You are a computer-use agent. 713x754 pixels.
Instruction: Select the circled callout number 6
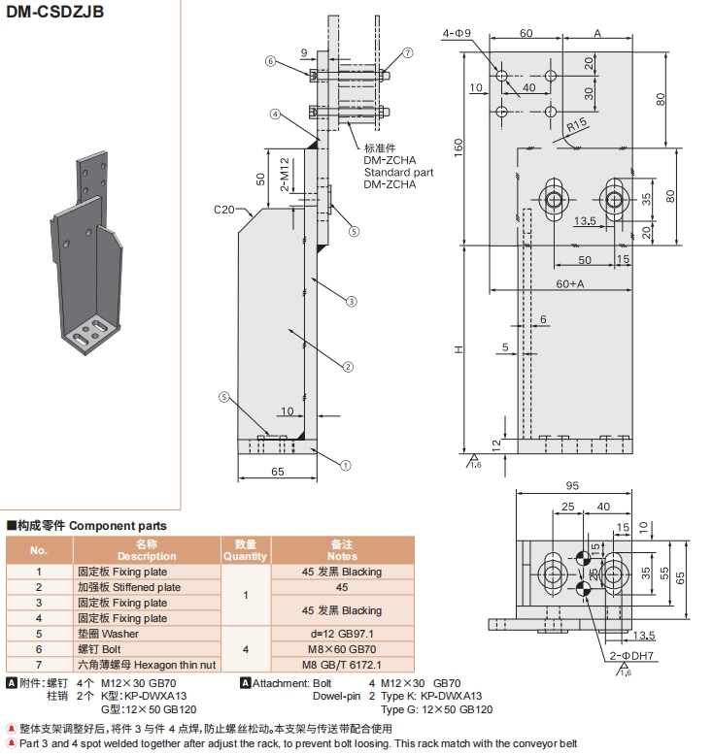pyautogui.click(x=271, y=61)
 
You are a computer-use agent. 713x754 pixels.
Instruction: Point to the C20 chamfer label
pyautogui.click(x=226, y=209)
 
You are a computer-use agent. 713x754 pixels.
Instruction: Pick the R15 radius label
pyautogui.click(x=577, y=125)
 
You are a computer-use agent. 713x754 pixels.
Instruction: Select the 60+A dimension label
pyautogui.click(x=570, y=284)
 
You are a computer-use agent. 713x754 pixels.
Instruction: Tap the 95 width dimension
pyautogui.click(x=571, y=486)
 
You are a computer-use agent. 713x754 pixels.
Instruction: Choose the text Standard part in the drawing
pyautogui.click(x=398, y=172)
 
